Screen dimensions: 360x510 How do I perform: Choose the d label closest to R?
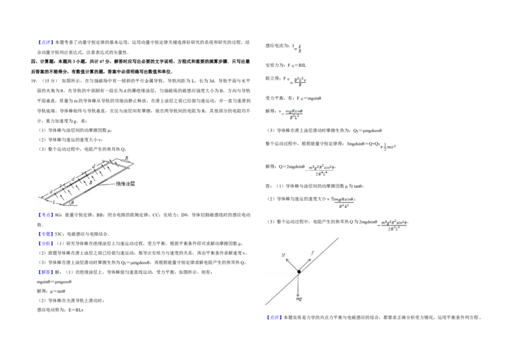click(94, 167)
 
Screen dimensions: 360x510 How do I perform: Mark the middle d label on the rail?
click(73, 179)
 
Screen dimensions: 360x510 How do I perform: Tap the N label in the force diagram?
click(283, 256)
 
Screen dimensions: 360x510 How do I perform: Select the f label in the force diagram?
click(312, 253)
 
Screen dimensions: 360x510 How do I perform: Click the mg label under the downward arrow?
click(298, 298)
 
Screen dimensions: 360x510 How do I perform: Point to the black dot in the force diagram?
click(298, 271)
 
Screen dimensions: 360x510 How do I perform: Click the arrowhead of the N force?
click(286, 260)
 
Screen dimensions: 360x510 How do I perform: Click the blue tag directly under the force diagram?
click(273, 317)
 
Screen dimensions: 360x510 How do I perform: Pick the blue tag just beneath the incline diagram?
click(46, 215)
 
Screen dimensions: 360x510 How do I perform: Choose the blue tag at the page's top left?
click(46, 42)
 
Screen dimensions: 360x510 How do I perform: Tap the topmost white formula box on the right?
click(298, 48)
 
